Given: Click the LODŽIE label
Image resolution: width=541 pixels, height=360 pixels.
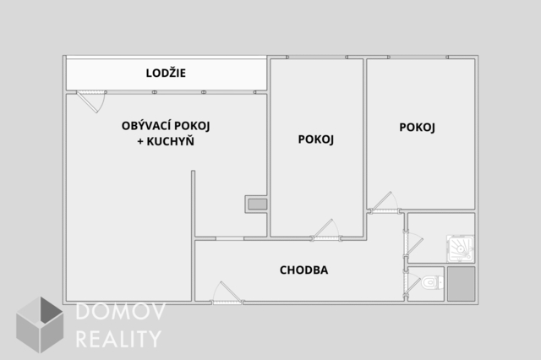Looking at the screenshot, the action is click(x=166, y=73).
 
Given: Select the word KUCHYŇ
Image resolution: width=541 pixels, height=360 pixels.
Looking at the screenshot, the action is click(x=171, y=141).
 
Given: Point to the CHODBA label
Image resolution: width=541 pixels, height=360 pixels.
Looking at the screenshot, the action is click(x=303, y=270).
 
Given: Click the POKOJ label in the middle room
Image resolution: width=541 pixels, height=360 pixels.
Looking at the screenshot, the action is click(x=315, y=139).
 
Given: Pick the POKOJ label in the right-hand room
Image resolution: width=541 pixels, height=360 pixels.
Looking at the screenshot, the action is click(x=417, y=128).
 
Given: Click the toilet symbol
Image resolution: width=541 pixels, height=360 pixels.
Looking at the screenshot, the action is click(x=432, y=283).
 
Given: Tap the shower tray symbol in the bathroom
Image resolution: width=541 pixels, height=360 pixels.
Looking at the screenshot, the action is click(x=461, y=248).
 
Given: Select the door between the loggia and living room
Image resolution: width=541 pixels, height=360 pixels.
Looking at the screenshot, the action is click(x=91, y=101).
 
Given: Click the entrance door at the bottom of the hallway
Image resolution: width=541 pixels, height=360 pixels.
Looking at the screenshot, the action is click(x=227, y=293).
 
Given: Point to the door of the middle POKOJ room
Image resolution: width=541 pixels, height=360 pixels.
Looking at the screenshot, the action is click(x=326, y=230).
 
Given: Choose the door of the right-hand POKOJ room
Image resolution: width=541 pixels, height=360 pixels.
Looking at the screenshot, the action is click(x=384, y=203).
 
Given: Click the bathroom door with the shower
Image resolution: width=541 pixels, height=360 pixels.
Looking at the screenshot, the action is click(x=413, y=244).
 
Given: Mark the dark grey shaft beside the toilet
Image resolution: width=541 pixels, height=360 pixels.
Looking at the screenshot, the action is click(x=462, y=284).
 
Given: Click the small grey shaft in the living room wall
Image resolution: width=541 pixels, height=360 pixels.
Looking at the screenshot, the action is click(x=257, y=205).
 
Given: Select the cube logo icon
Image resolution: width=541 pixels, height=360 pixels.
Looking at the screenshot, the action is click(x=40, y=325).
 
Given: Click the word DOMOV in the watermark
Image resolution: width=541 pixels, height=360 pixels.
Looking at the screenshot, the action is click(x=120, y=311).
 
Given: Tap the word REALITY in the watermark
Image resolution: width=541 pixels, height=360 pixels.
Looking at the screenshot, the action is click(x=118, y=339).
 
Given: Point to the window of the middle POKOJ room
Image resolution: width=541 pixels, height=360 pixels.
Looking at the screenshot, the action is click(x=317, y=57).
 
